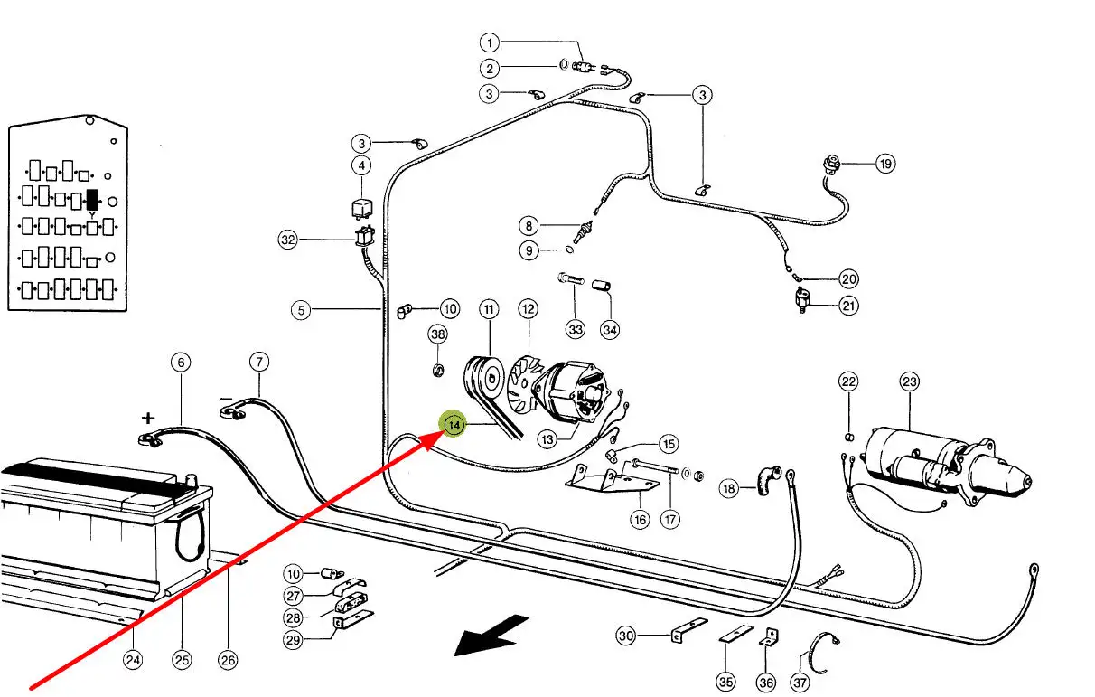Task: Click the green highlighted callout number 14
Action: click(453, 424)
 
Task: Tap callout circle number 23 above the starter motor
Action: click(909, 381)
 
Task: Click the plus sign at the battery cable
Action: click(148, 418)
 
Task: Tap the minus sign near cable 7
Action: click(226, 399)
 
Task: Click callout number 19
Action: click(884, 164)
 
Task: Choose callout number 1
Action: click(489, 42)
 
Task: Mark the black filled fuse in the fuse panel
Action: click(91, 200)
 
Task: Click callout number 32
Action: click(287, 240)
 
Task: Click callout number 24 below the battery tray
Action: click(133, 661)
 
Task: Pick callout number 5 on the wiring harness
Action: click(301, 310)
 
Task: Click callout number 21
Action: click(848, 306)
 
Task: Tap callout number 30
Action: click(626, 636)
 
